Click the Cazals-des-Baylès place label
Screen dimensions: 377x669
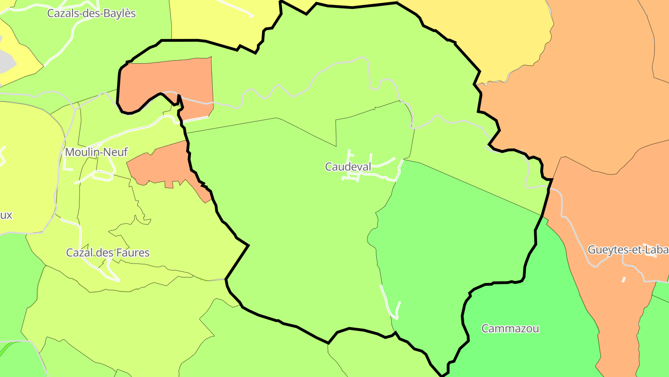[x=92, y=13]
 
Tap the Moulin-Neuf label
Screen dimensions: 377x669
[x=96, y=152]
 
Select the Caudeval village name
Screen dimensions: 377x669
[x=348, y=167]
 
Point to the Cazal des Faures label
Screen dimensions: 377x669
[x=108, y=253]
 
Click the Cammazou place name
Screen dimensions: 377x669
[x=510, y=329]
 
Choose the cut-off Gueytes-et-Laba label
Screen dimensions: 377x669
[x=628, y=250]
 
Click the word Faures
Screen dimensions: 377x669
[x=132, y=253]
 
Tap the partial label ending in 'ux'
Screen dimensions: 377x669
[x=6, y=215]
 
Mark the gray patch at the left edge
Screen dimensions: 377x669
[x=6, y=61]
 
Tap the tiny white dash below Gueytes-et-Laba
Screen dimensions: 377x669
[x=623, y=280]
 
